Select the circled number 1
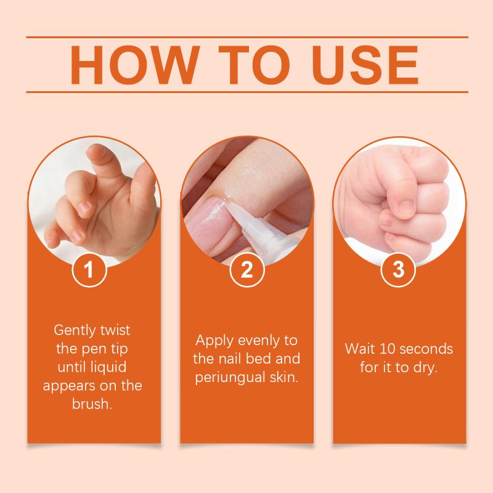tap(89, 269)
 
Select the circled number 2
tap(247, 269)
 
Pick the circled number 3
tap(398, 269)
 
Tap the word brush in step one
tap(91, 404)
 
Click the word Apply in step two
tap(214, 341)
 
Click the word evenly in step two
tap(257, 341)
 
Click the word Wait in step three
tap(360, 349)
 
